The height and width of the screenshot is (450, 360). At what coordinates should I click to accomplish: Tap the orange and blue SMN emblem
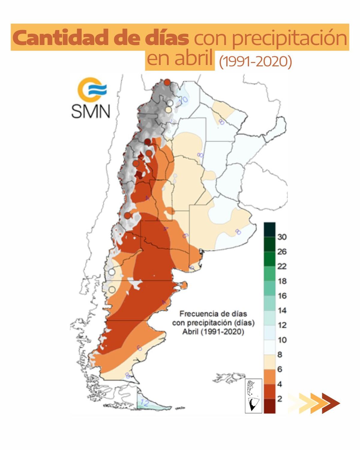92,89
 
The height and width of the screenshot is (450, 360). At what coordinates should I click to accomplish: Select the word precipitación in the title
270,38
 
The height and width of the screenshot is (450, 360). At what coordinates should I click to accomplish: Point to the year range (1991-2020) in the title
255,61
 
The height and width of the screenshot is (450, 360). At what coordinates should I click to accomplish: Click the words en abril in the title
180,58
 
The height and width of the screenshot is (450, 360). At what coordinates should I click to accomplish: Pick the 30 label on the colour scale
282,237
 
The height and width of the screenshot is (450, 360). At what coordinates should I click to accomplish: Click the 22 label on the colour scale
282,266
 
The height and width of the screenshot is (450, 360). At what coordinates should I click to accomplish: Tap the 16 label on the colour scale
282,296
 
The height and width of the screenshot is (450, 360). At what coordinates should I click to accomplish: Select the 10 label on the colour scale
282,340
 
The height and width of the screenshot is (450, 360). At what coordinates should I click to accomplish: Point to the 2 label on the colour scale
280,399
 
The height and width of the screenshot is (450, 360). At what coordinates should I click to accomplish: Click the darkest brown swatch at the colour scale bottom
269,406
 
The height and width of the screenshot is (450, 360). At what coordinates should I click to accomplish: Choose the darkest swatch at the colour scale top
269,229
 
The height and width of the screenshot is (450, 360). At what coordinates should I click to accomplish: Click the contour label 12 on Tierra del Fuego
145,403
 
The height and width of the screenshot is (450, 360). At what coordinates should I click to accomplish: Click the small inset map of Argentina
253,396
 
